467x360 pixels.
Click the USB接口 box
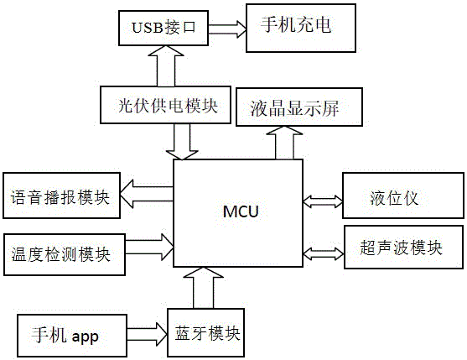pyautogui.click(x=163, y=28)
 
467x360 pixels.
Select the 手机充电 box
pyautogui.click(x=301, y=28)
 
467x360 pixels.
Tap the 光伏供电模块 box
pyautogui.click(x=165, y=105)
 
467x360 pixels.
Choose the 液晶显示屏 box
pyautogui.click(x=299, y=107)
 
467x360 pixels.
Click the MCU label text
pyautogui.click(x=241, y=211)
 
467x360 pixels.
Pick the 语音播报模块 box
pyautogui.click(x=62, y=196)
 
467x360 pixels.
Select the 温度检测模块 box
pyautogui.click(x=65, y=254)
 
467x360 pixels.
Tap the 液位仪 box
pyautogui.click(x=403, y=196)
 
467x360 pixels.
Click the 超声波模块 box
pyautogui.click(x=403, y=247)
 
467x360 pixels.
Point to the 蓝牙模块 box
pyautogui.click(x=205, y=332)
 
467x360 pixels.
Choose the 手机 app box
pyautogui.click(x=72, y=336)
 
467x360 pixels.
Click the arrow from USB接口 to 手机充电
pyautogui.click(x=227, y=29)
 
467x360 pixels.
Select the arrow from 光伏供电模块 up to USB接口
pyautogui.click(x=166, y=66)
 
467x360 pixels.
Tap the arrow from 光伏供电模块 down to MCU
pyautogui.click(x=182, y=142)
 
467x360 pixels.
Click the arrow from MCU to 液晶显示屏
pyautogui.click(x=284, y=143)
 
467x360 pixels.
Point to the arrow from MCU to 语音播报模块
pyautogui.click(x=147, y=194)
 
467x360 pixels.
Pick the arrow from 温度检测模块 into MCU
pyautogui.click(x=149, y=247)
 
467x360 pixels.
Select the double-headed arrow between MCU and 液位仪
pyautogui.click(x=323, y=201)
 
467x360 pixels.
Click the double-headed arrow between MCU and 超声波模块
pyautogui.click(x=324, y=253)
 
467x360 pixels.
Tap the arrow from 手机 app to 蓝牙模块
pyautogui.click(x=147, y=334)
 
